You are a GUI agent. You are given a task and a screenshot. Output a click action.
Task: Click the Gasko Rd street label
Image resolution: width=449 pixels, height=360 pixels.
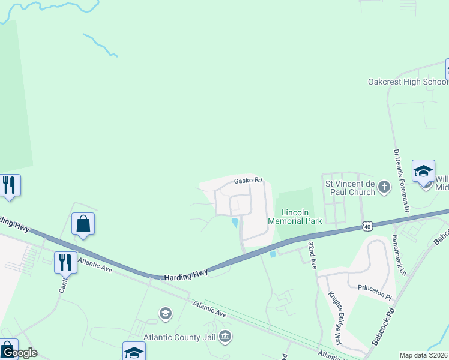click(248, 180)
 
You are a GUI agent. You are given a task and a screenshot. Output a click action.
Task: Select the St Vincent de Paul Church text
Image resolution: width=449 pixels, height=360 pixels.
click(350, 187)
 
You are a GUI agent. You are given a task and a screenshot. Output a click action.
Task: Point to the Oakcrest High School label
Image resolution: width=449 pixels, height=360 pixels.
click(408, 82)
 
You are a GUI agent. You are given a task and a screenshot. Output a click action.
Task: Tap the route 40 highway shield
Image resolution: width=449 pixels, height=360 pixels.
click(367, 226)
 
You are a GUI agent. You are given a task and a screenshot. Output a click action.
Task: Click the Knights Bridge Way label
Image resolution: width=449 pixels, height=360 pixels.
click(334, 318)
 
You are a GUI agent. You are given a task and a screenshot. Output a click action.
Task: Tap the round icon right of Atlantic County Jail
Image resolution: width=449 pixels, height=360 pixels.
click(225, 337)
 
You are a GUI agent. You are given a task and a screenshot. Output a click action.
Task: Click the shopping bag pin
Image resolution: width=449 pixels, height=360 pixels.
click(83, 224)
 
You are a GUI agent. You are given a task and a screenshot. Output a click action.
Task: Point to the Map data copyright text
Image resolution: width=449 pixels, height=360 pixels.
click(424, 355)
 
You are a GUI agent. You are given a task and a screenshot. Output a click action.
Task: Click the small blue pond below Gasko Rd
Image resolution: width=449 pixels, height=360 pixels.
click(235, 223)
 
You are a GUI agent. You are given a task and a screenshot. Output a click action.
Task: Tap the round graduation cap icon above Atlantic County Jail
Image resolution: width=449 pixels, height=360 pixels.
click(165, 313)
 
